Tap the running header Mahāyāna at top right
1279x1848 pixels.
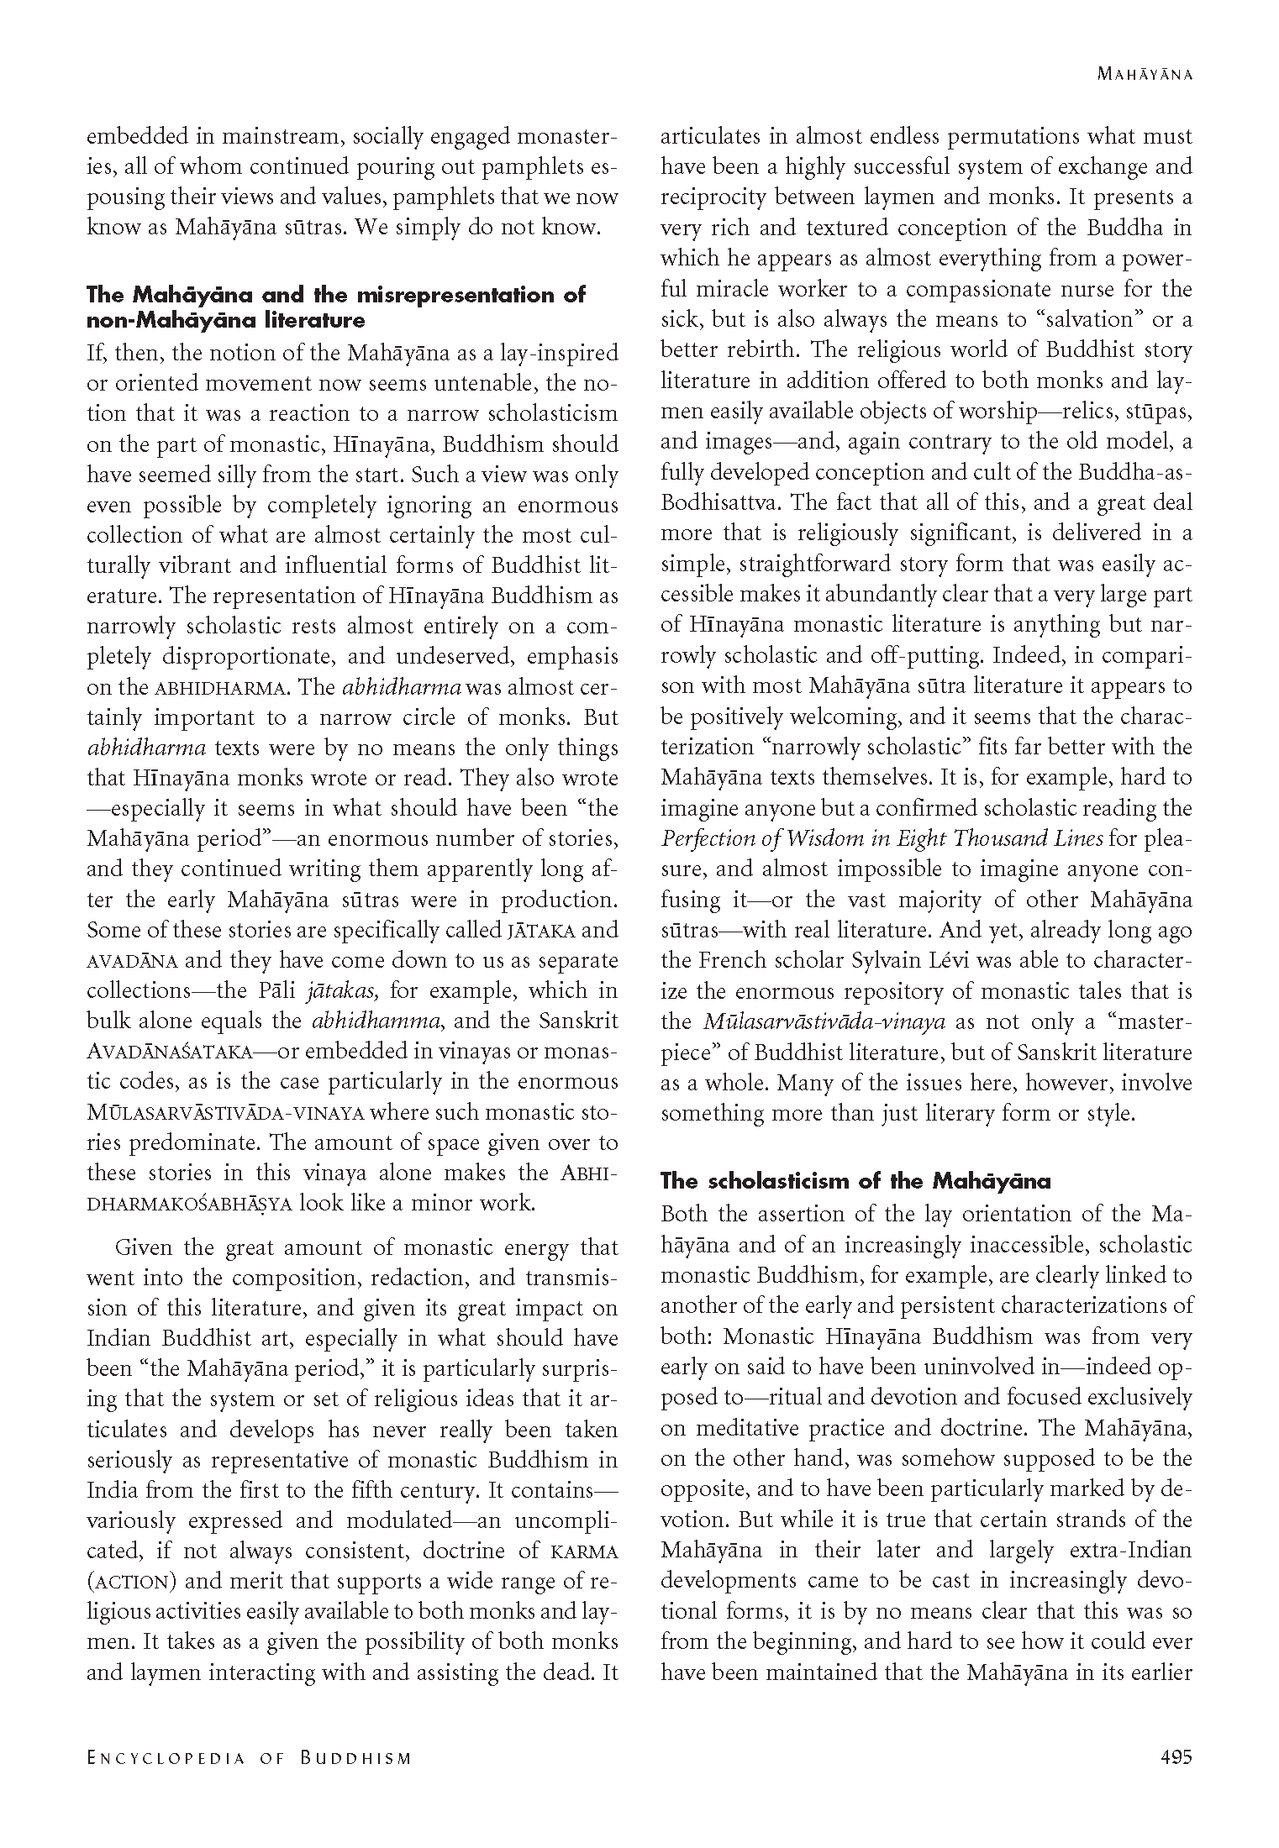coord(1145,75)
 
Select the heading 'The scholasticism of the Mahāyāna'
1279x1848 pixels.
coord(855,1181)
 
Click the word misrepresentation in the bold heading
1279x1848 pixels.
coord(449,295)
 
